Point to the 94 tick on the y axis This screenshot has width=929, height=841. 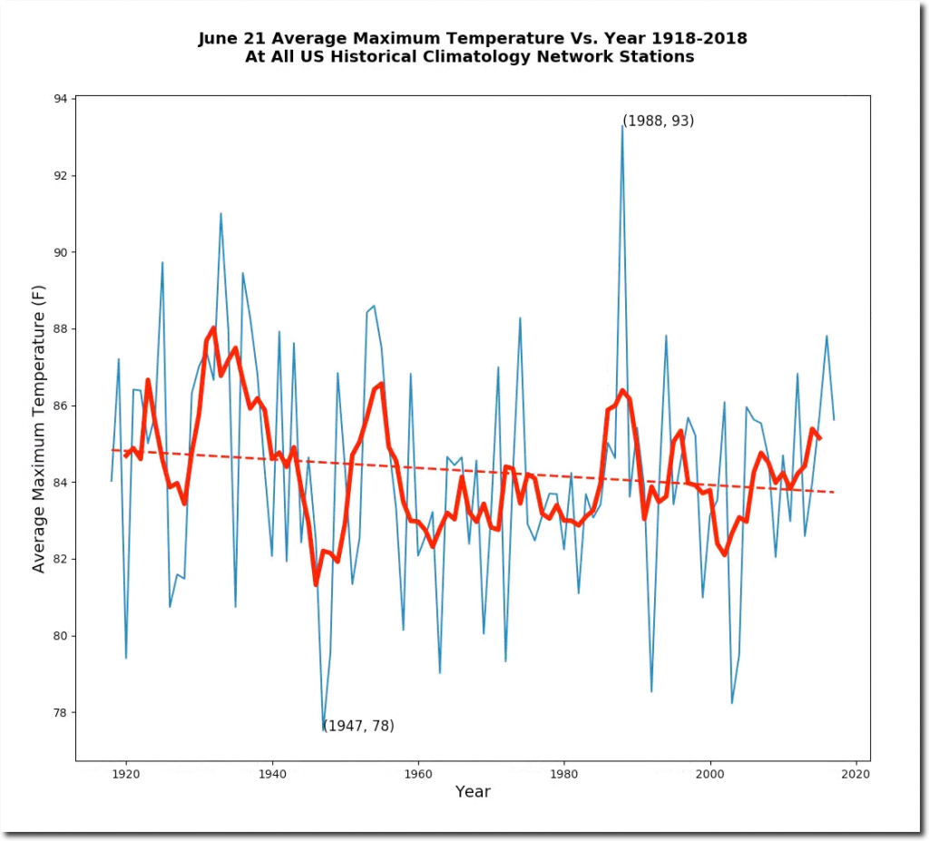74,98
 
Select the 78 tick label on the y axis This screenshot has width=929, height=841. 60,712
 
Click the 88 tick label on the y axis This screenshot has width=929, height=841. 60,328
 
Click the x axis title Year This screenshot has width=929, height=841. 473,792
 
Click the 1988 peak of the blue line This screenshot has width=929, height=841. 622,126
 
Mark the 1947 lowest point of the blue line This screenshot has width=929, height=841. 324,729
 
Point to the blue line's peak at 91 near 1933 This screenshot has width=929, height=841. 220,214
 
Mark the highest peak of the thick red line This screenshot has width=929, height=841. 213,328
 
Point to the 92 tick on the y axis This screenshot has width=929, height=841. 74,175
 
